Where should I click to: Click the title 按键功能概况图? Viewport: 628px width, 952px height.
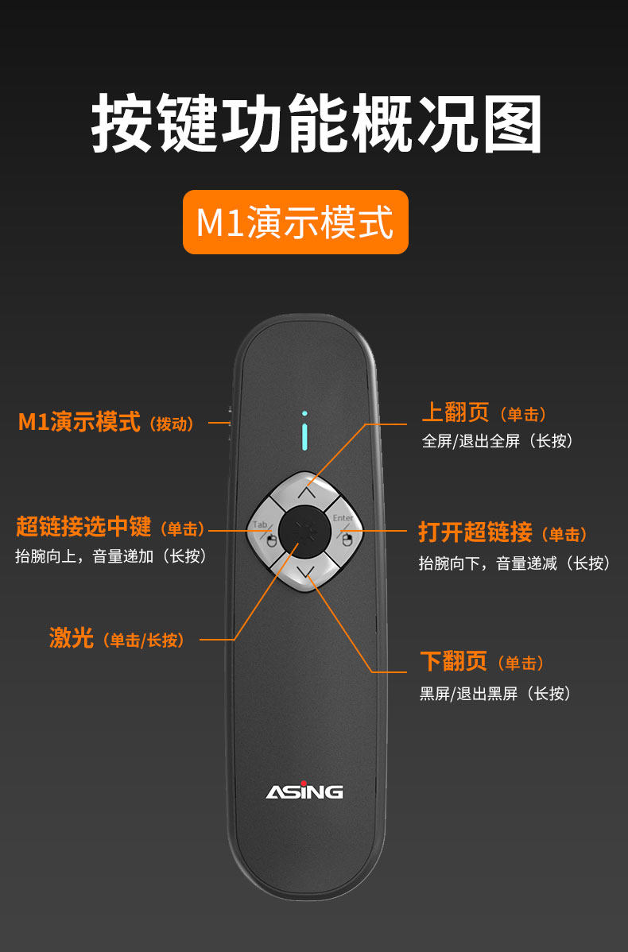[x=316, y=125]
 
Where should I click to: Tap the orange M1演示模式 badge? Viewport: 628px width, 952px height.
[x=295, y=223]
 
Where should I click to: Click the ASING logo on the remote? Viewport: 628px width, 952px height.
[x=304, y=791]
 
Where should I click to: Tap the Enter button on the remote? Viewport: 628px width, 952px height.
[x=343, y=531]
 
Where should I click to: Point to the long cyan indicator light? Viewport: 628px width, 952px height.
[x=304, y=438]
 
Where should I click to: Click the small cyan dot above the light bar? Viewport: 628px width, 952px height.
[x=304, y=413]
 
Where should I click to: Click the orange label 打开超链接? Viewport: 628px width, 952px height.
[x=475, y=532]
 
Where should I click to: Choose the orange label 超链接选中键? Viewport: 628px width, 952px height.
[x=83, y=527]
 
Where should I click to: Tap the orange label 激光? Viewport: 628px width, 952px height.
[x=72, y=638]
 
